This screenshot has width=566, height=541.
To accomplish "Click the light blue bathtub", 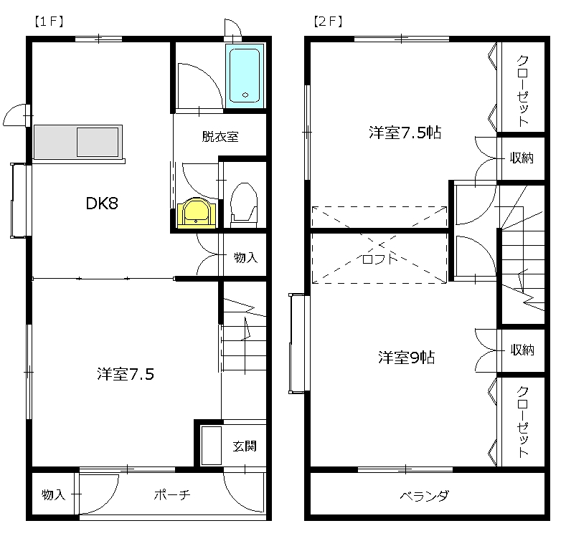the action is (x=245, y=76).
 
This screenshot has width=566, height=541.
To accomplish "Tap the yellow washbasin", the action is (x=197, y=213).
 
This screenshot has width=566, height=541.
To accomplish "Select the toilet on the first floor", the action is (x=244, y=205).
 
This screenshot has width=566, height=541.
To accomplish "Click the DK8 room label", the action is (x=102, y=204).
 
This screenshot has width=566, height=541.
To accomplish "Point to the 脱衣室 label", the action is (x=220, y=137).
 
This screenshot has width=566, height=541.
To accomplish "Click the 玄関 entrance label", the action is (x=245, y=446).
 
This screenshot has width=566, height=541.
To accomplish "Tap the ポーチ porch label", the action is (x=172, y=494).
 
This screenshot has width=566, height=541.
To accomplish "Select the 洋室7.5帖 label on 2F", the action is (x=405, y=133).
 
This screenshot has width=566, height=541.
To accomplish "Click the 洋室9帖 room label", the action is (x=407, y=357).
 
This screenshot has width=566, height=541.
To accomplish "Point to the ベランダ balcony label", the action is (x=425, y=496).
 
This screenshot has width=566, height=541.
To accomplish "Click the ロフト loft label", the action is (x=379, y=258).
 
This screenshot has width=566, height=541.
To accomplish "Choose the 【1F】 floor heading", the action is (x=49, y=21).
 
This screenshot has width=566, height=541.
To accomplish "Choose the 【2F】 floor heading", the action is (x=328, y=21).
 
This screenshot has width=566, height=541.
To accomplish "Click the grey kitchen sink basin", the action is (x=98, y=142).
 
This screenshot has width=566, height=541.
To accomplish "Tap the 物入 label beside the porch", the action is (x=53, y=494).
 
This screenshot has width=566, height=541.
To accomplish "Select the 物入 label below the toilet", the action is (x=246, y=257).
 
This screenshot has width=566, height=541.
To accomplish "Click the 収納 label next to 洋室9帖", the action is (x=522, y=350).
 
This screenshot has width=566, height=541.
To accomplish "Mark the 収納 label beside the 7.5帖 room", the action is (x=522, y=158).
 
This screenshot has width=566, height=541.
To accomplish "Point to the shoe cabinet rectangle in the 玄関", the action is (x=211, y=446).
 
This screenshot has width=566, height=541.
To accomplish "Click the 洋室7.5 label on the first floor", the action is (x=126, y=374).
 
